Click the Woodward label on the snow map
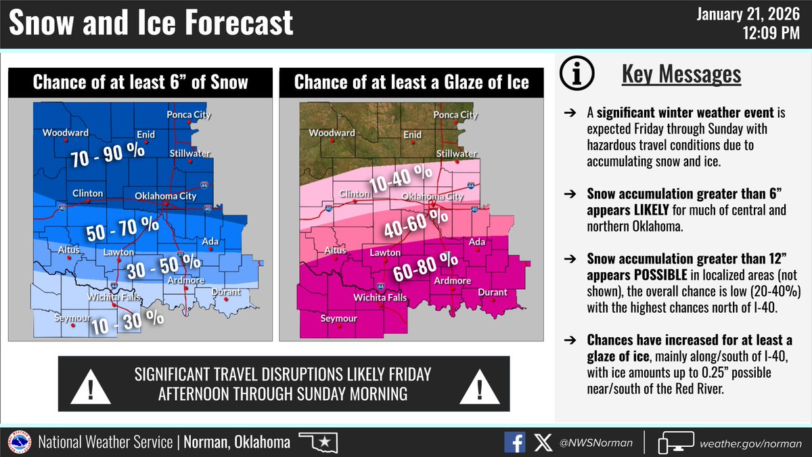coord(66,133)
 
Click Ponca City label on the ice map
coord(455,115)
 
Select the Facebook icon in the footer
coord(515,443)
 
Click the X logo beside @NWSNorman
coord(543,443)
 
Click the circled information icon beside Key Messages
coord(583,74)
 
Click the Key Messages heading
coord(681,74)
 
